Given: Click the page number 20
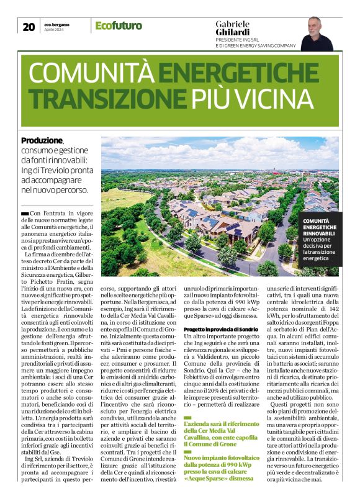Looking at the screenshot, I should [28, 26].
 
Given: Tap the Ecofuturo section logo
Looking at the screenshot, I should [119, 26].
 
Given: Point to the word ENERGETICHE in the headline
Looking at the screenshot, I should [243, 74].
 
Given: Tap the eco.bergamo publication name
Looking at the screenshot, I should [56, 24].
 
